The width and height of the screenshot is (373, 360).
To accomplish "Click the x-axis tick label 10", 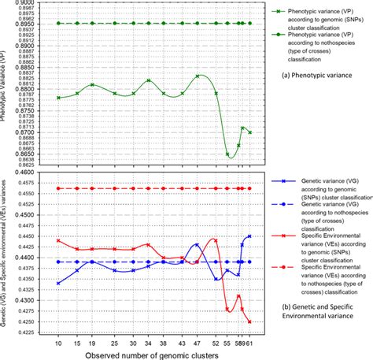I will coord(58,344).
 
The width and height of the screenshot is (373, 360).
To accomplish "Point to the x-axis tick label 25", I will coord(115,344).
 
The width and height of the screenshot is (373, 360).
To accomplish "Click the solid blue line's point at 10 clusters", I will coord(58,283).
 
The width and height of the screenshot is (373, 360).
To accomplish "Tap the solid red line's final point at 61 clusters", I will coord(249,321).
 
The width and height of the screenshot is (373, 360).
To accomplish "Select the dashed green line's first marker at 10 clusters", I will coord(58,24).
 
